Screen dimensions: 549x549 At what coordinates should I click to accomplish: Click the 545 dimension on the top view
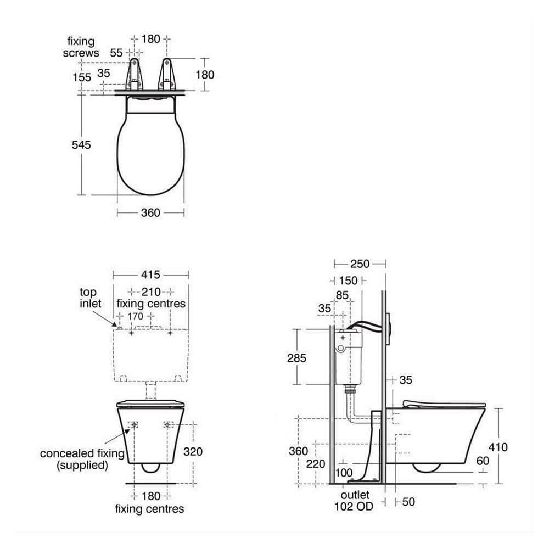pyautogui.click(x=81, y=144)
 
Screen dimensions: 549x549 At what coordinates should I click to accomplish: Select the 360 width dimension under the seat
pyautogui.click(x=150, y=212)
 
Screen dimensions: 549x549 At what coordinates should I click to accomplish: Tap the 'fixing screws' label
pyautogui.click(x=81, y=47)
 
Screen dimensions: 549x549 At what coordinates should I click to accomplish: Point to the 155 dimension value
pyautogui.click(x=82, y=77)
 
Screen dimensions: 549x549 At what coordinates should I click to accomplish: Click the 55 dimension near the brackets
pyautogui.click(x=116, y=53)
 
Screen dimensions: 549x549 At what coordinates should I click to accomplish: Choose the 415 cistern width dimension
pyautogui.click(x=150, y=274)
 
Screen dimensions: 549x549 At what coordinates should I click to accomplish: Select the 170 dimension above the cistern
pyautogui.click(x=136, y=316)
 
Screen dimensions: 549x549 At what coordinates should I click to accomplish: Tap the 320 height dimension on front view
pyautogui.click(x=193, y=451)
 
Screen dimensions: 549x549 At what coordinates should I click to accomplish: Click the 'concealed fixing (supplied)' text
pyautogui.click(x=82, y=459)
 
